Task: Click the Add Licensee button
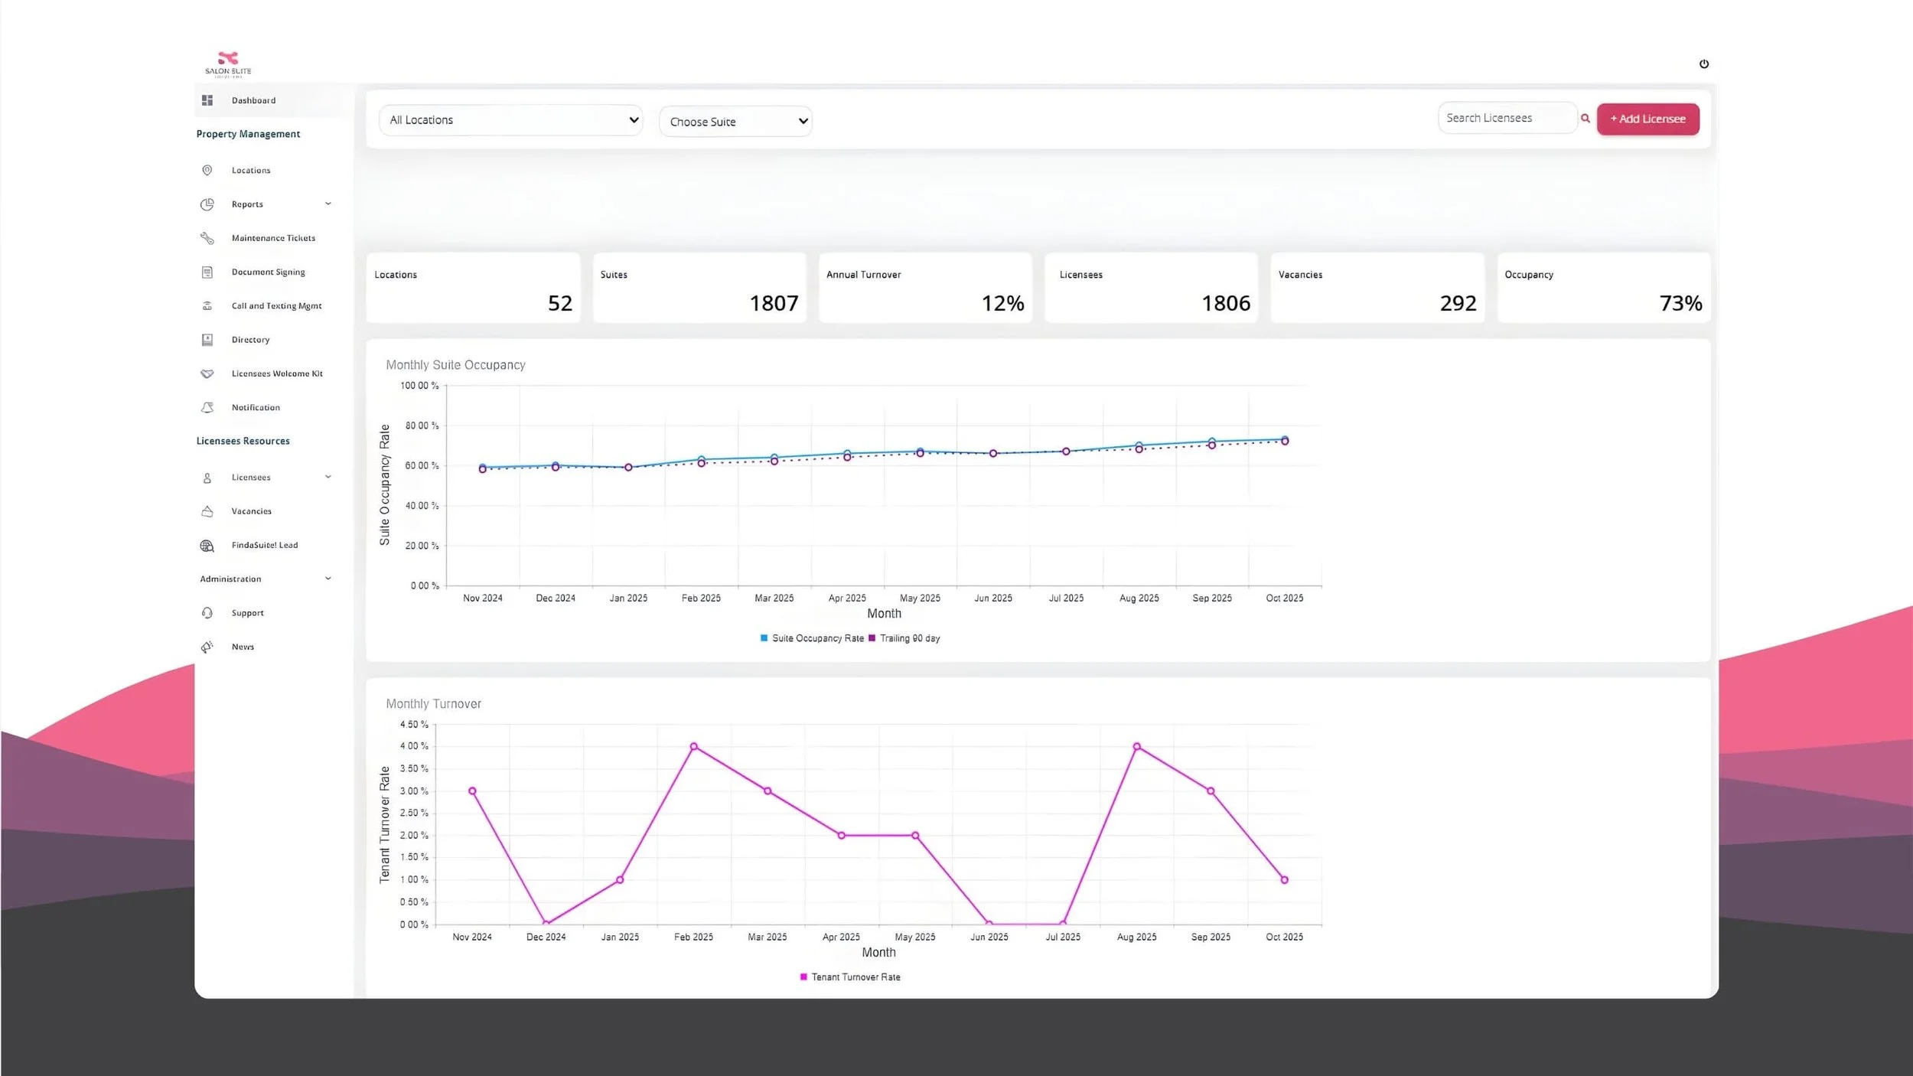coord(1647,119)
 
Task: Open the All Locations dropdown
coord(510,120)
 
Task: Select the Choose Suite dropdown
coord(735,122)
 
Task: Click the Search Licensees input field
coord(1505,118)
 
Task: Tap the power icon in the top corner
coord(1703,64)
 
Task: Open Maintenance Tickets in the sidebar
coord(273,238)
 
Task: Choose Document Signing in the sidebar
coord(268,272)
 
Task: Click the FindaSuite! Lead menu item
coord(265,545)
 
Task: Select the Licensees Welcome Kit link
coord(277,373)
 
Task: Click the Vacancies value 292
coord(1458,304)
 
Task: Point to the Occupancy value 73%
coord(1680,304)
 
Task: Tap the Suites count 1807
coord(774,304)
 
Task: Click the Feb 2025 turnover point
coord(693,746)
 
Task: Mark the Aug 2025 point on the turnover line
coord(1136,746)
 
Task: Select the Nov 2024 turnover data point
coord(472,791)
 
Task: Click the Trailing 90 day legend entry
coord(909,638)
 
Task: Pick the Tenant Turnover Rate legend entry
coord(855,977)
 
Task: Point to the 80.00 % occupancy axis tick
coord(422,426)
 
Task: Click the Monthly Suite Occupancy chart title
coord(455,365)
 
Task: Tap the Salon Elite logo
coord(228,64)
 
